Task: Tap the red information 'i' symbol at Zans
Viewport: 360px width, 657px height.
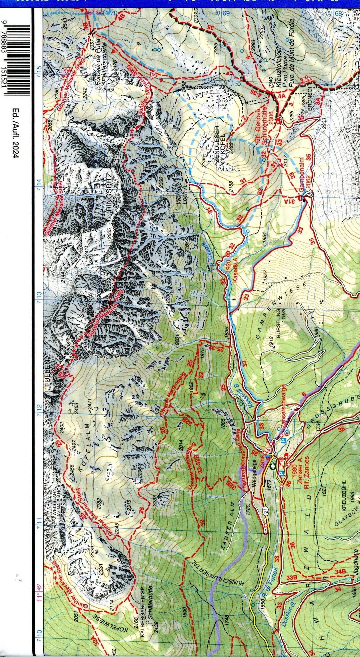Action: click(x=267, y=449)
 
